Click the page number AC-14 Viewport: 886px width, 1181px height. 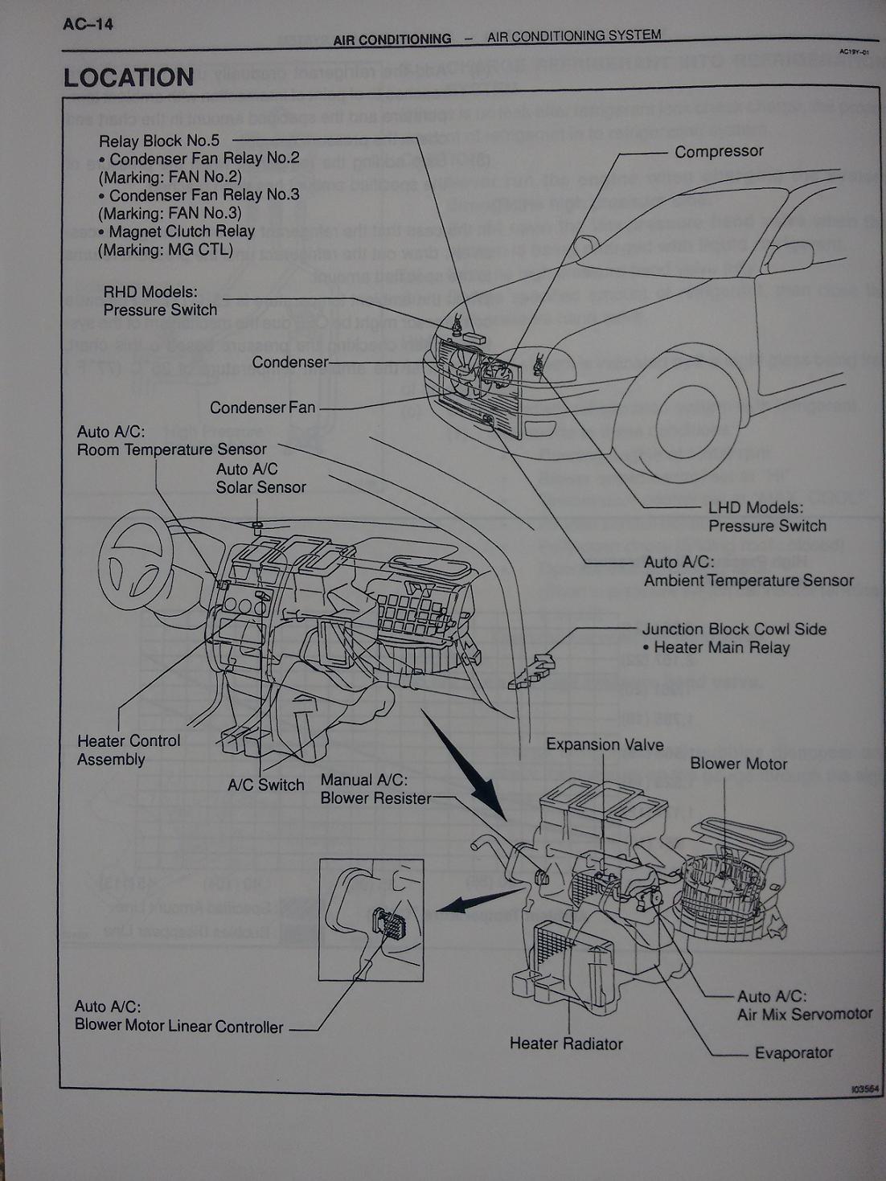pos(88,24)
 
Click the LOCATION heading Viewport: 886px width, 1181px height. pos(129,78)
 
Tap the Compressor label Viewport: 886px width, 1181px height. pos(719,151)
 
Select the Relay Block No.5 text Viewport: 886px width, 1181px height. pos(159,141)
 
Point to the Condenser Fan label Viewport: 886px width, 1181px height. pos(262,408)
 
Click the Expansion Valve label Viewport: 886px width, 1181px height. pos(605,744)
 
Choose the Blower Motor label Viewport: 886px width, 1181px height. pos(738,764)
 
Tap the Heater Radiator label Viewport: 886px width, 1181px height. pos(566,1044)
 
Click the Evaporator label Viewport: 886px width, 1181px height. pos(793,1052)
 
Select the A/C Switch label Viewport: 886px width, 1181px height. pos(265,785)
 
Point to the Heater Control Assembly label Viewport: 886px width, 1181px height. pos(129,750)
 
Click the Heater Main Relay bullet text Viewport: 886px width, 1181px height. pos(721,648)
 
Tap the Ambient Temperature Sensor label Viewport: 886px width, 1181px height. pos(749,580)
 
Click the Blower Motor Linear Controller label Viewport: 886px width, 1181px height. pos(178,1026)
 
